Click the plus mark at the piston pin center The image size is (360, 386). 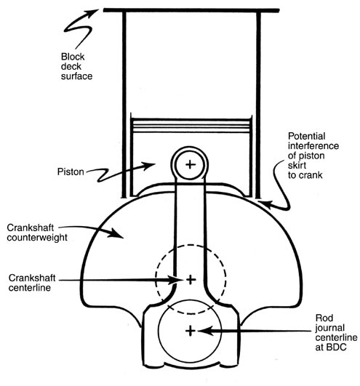point(190,164)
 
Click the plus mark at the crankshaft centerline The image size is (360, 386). point(191,280)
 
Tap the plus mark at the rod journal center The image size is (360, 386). point(191,331)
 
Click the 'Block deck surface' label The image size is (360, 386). point(76,66)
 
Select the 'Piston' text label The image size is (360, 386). point(71,172)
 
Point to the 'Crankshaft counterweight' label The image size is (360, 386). point(37,233)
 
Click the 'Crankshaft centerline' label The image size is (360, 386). point(32,283)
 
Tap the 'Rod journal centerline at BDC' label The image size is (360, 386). point(336,332)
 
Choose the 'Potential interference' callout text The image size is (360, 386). point(313,141)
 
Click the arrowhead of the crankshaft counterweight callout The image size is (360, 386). point(116,233)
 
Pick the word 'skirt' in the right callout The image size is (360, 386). point(297,166)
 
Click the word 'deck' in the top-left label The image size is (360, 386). point(71,66)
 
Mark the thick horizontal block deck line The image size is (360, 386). point(191,11)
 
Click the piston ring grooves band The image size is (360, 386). point(191,126)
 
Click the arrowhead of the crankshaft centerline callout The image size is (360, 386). point(176,280)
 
